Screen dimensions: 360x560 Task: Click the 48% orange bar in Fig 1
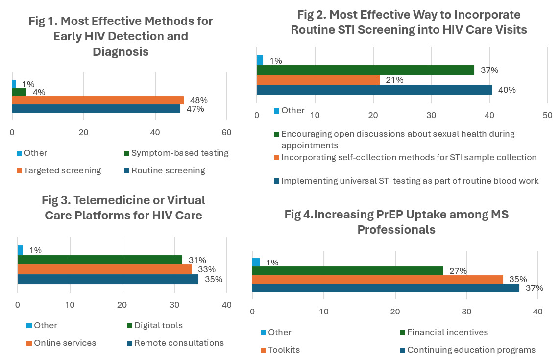click(98, 100)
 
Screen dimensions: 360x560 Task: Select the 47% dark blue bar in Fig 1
click(96, 109)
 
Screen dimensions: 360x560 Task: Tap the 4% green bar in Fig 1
click(19, 92)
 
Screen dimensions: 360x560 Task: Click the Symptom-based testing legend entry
click(180, 153)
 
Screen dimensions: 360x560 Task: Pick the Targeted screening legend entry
click(62, 170)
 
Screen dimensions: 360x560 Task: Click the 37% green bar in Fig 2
click(365, 70)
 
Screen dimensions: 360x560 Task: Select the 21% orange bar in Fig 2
click(318, 80)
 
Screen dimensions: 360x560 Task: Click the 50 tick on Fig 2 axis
click(548, 115)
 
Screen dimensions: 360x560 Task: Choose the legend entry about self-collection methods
click(409, 157)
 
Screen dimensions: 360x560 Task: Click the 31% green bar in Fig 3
click(100, 260)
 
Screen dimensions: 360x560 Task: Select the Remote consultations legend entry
click(179, 343)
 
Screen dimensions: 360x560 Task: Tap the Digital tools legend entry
click(158, 325)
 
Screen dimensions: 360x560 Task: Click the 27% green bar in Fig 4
click(347, 271)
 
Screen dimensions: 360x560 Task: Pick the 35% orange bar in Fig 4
click(378, 280)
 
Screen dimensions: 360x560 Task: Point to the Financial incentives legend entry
click(447, 332)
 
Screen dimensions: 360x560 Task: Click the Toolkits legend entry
click(284, 350)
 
